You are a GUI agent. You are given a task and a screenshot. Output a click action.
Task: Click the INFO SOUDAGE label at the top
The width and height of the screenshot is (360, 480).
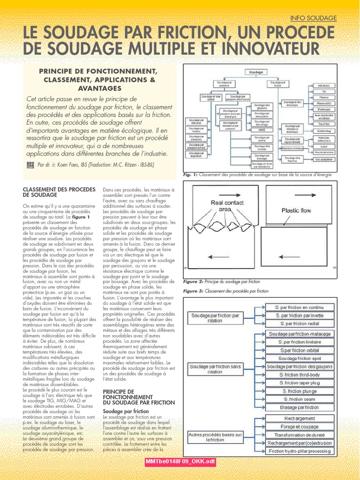(314, 18)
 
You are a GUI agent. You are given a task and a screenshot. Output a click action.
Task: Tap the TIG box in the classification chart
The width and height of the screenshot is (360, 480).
(323, 91)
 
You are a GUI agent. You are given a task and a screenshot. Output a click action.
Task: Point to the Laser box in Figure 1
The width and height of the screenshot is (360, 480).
(323, 146)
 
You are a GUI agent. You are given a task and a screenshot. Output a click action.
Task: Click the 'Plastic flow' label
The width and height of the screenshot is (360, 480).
(296, 210)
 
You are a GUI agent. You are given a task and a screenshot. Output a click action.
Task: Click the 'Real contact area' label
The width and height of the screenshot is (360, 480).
(227, 206)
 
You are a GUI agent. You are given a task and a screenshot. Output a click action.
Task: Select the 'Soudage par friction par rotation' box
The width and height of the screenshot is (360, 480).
(215, 318)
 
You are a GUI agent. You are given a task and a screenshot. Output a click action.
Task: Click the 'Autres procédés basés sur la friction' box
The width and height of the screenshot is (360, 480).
(215, 437)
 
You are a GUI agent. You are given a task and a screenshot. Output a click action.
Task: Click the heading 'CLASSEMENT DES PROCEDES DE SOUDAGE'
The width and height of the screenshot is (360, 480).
(52, 192)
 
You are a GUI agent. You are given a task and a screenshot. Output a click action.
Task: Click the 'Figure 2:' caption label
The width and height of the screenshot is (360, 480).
(193, 282)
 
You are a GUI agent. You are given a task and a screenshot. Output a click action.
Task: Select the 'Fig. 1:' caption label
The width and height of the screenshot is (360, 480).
(190, 174)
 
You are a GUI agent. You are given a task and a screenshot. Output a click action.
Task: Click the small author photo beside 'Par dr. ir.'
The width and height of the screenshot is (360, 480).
(30, 165)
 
